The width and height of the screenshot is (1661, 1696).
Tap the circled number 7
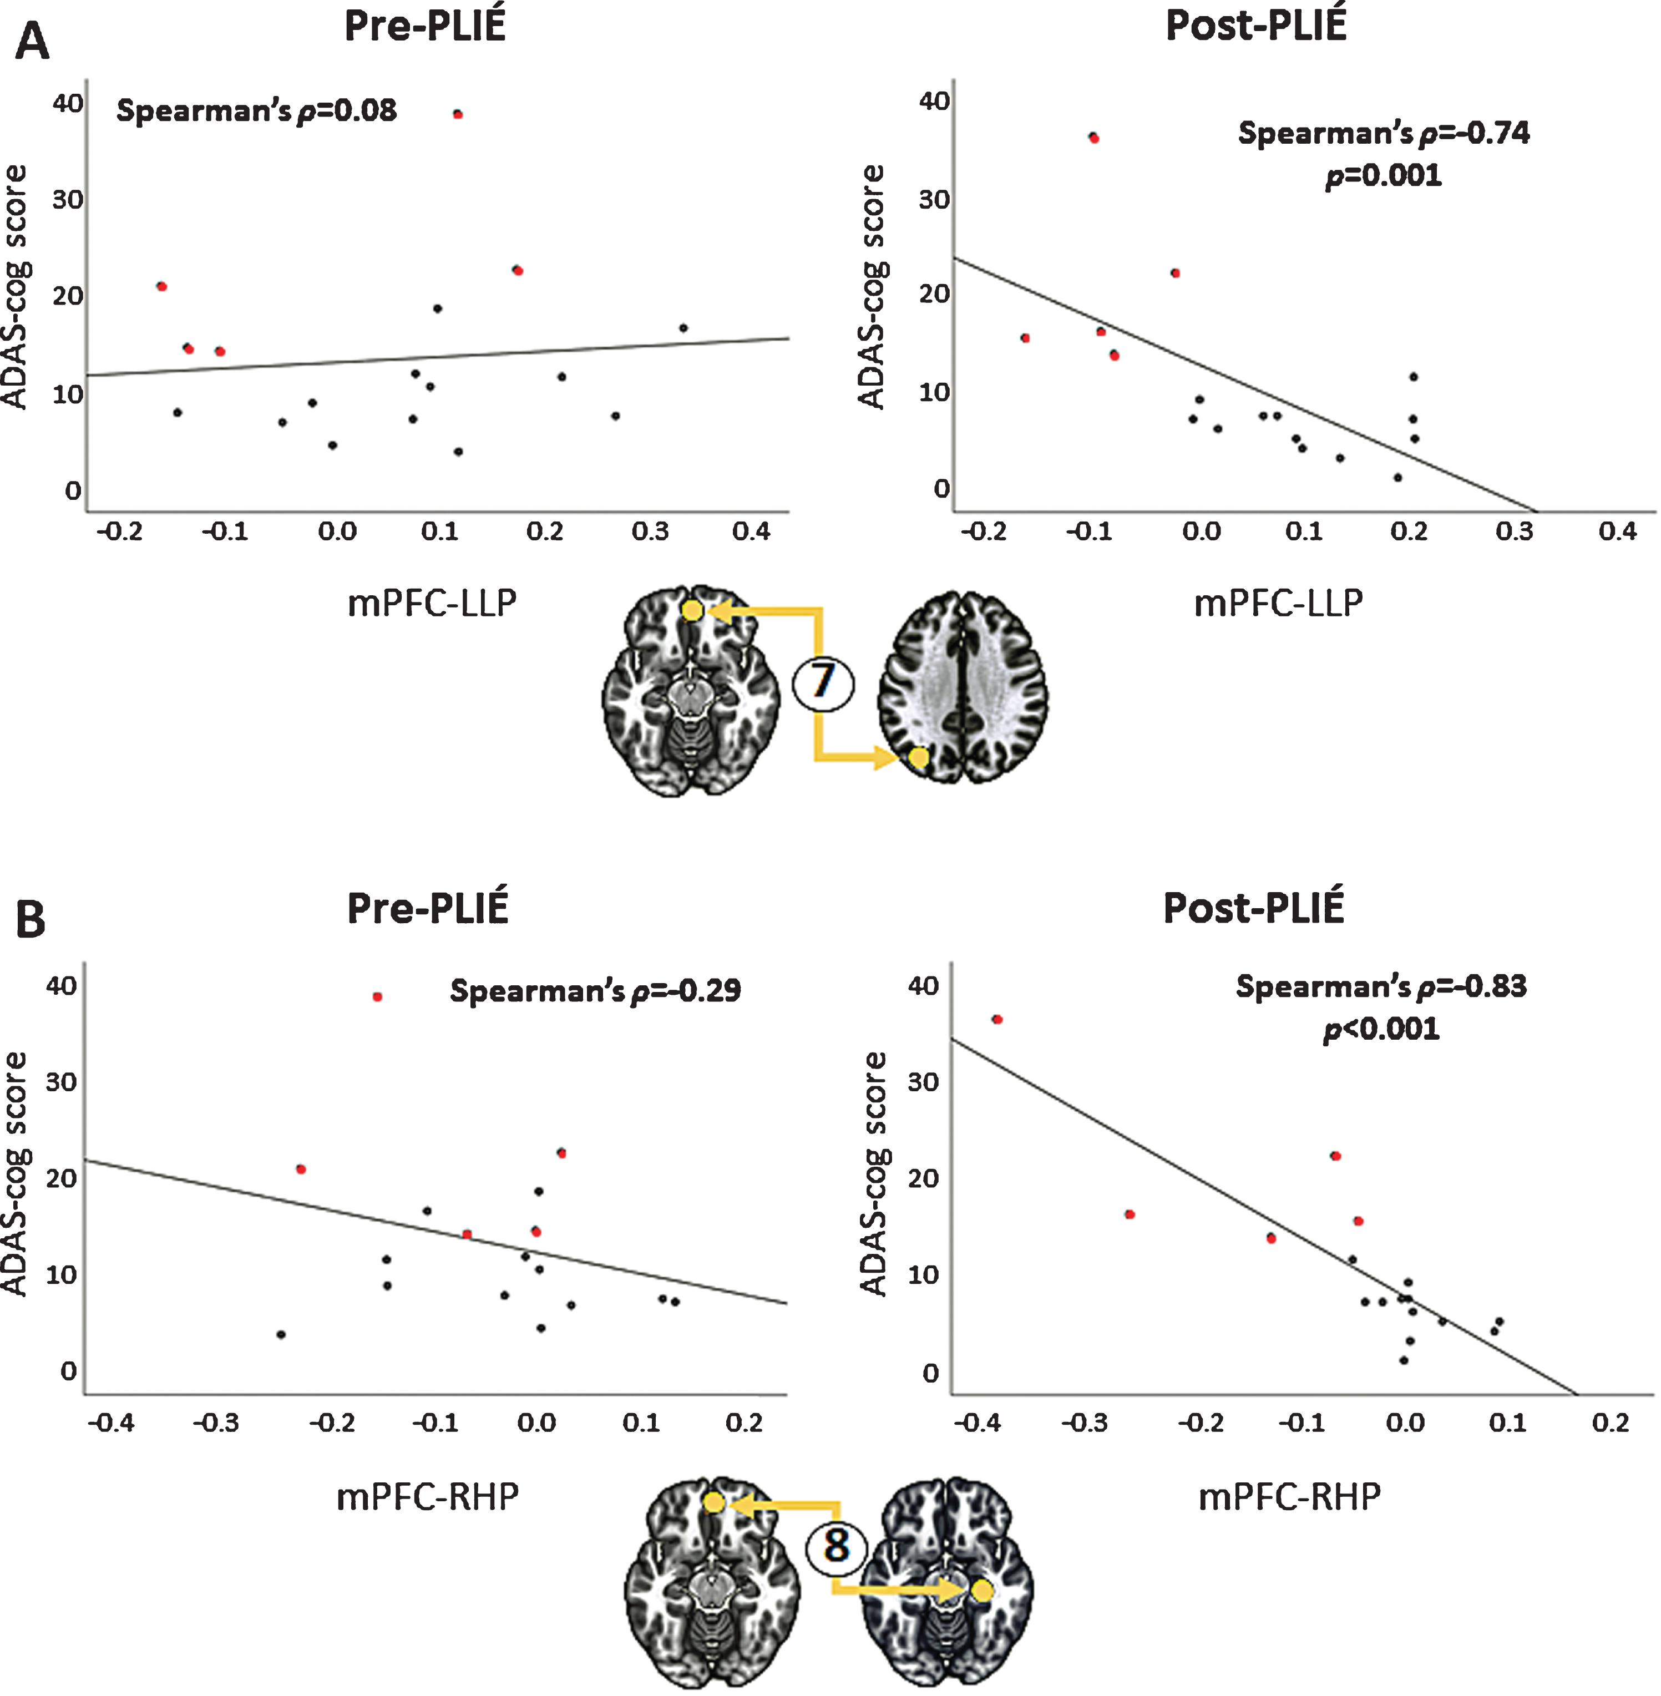click(823, 681)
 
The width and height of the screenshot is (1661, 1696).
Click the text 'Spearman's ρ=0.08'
click(256, 111)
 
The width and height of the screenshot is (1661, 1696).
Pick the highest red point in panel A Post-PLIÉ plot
click(1094, 138)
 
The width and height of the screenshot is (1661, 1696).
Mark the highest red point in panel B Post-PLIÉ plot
click(997, 1019)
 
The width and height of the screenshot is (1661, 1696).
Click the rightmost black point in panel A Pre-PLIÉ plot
click(683, 328)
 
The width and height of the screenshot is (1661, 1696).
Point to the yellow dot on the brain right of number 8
click(983, 1591)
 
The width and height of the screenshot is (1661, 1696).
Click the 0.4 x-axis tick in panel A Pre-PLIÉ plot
click(751, 531)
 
